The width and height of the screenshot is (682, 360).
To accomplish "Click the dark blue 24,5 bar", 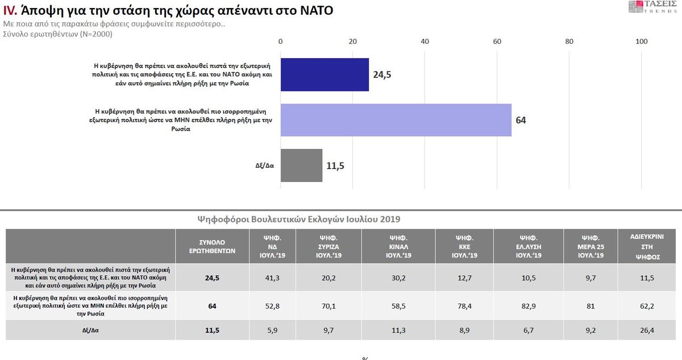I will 325,75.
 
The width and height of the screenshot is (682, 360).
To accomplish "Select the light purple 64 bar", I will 396,120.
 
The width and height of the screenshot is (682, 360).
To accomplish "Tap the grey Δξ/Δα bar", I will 301,165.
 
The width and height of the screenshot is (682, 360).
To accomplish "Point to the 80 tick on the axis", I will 569,41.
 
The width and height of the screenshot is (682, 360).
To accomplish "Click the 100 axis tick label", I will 642,41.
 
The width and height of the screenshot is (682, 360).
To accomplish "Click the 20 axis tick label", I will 352,41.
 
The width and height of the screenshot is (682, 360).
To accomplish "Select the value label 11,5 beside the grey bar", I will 335,166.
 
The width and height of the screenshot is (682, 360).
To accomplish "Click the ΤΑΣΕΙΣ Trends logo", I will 654,7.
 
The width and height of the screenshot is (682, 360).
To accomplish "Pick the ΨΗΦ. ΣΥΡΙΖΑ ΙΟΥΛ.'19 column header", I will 328,246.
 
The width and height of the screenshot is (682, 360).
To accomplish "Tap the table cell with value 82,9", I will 527,306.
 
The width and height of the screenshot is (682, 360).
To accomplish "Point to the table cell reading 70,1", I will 328,306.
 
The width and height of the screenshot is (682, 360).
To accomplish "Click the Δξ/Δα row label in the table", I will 91,329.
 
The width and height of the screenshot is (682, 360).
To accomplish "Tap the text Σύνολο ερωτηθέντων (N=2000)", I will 58,34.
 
